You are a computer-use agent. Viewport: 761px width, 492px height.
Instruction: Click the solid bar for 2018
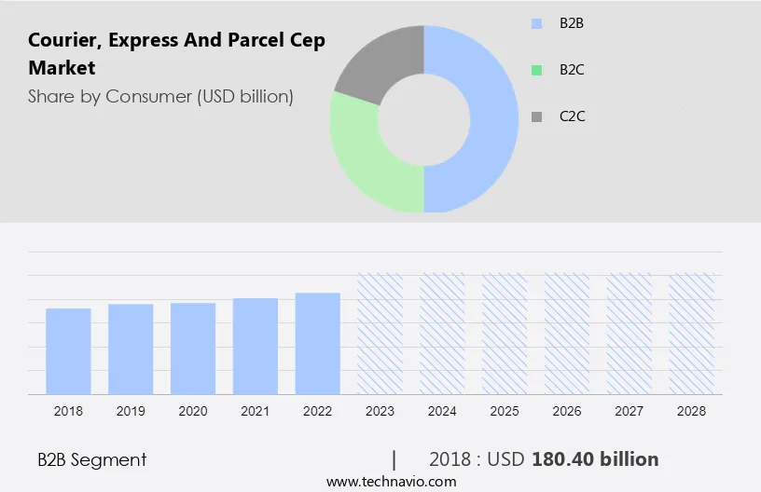pos(68,351)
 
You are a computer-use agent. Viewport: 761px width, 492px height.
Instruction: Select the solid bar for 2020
pos(193,348)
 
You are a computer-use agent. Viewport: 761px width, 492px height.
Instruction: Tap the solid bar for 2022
pos(318,344)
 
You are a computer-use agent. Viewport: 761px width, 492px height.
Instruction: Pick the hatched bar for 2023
pos(380,334)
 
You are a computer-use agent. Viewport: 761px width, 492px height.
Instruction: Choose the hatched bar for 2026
pos(567,334)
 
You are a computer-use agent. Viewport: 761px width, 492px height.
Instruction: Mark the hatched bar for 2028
pos(692,334)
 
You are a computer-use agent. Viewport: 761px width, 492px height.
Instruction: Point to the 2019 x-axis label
pos(131,411)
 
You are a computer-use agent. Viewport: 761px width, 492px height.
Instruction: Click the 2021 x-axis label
pos(256,411)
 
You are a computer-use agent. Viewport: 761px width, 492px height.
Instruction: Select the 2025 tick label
pos(505,411)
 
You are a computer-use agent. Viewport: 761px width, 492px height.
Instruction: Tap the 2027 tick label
pos(630,411)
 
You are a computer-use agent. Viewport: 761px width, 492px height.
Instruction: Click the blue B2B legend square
pos(536,23)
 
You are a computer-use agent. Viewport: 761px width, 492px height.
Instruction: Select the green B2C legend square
pos(536,70)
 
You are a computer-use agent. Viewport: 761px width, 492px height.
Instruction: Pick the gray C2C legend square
pos(536,116)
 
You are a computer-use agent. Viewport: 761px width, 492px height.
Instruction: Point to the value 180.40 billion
pos(595,459)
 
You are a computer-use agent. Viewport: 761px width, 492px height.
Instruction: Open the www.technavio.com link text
pos(391,482)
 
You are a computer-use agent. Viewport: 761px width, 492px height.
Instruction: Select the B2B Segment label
pos(91,459)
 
